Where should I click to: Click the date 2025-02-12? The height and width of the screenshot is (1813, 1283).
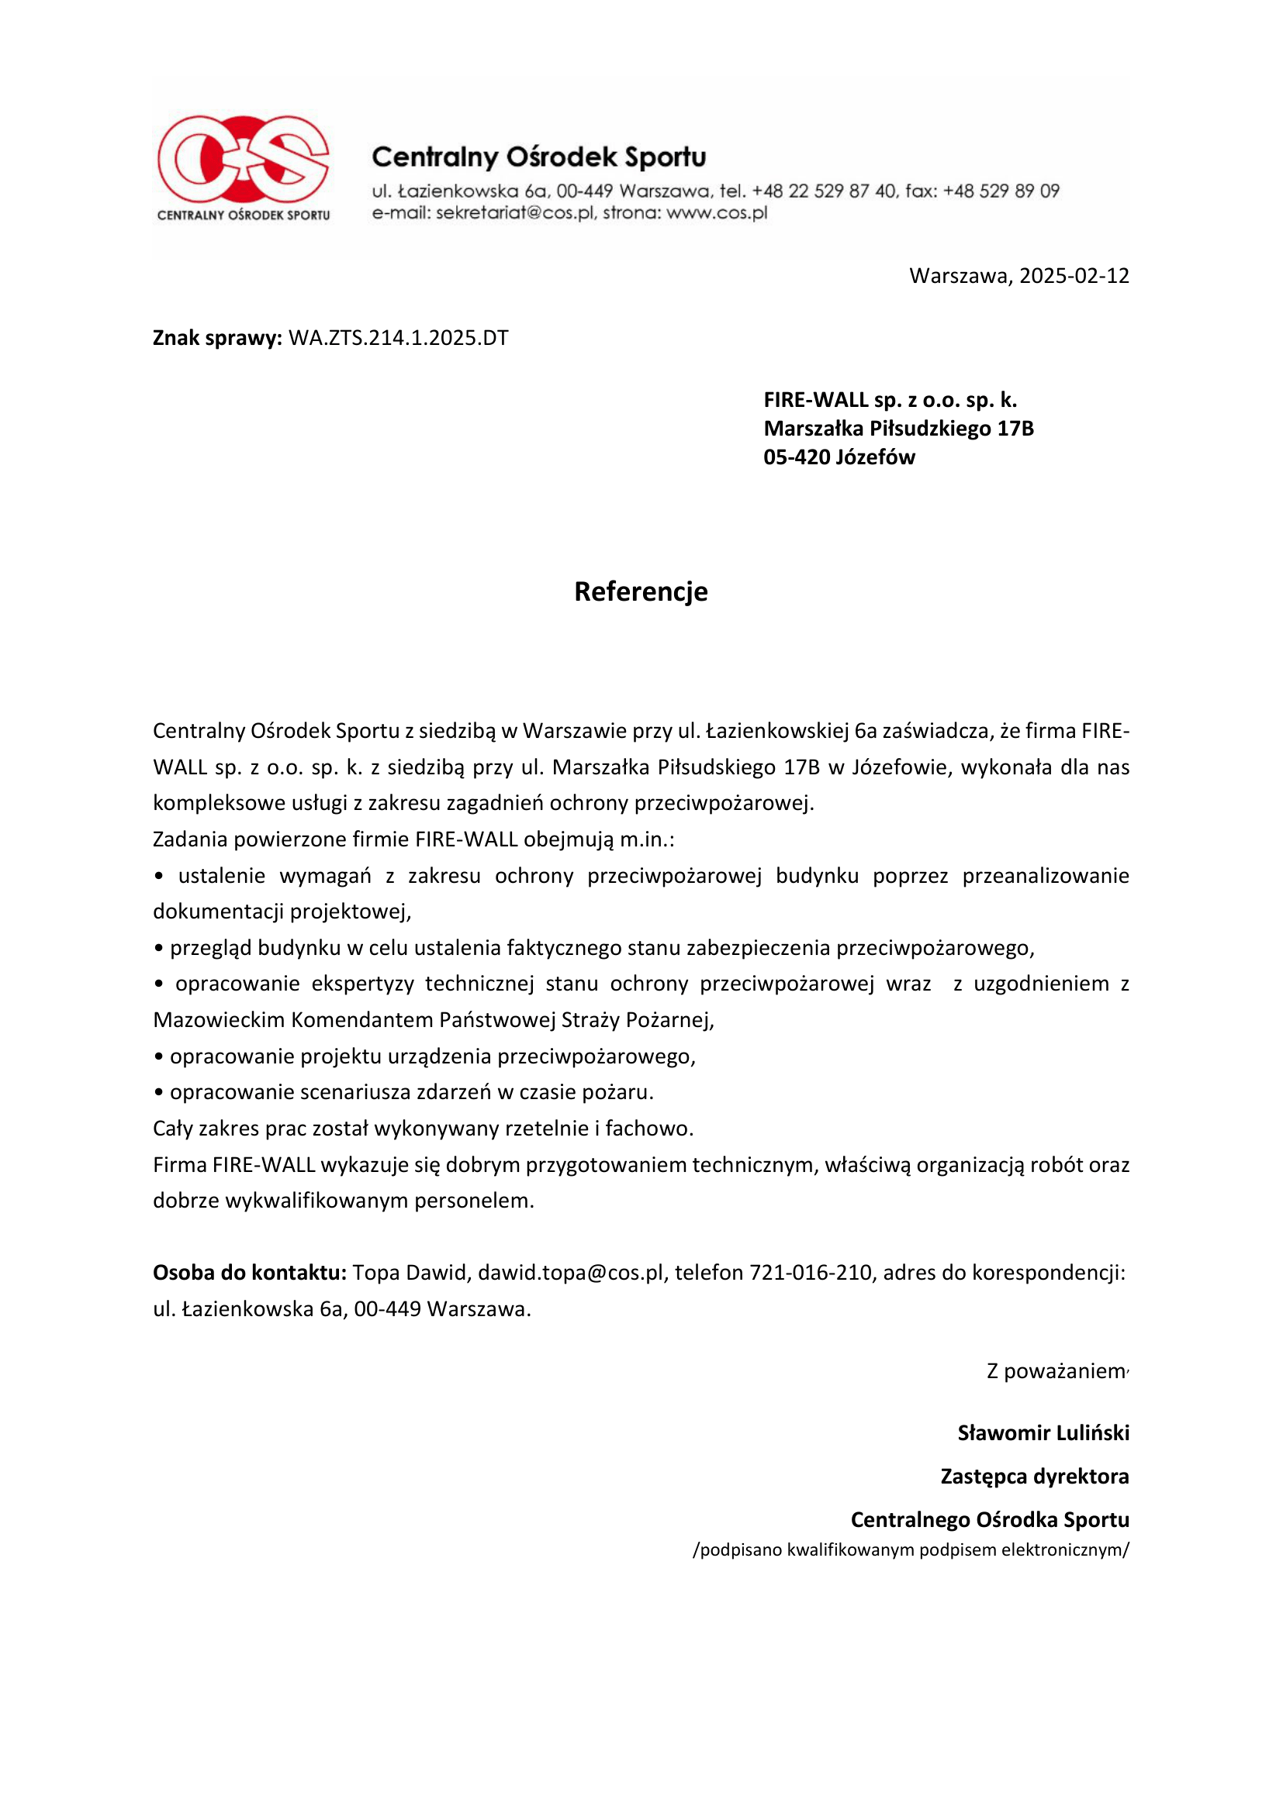(1074, 276)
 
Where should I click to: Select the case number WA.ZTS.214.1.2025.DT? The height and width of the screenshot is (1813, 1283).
(398, 338)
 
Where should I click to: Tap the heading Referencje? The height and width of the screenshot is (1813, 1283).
(641, 591)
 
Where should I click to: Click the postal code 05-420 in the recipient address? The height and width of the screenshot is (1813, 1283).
(797, 457)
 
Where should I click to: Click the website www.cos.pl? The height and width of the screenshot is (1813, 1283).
(717, 213)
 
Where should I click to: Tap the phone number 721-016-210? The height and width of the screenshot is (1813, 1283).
(811, 1273)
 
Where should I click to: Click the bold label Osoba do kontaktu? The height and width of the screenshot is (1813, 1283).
(250, 1273)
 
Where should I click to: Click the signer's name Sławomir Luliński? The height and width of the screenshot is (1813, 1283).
(1043, 1433)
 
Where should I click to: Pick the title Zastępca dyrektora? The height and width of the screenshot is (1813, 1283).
(1034, 1477)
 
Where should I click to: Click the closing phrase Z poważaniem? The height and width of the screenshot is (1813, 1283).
(1056, 1372)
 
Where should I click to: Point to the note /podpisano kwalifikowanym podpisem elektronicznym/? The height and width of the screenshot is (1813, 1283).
(911, 1550)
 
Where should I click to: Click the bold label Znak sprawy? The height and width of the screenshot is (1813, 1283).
(217, 338)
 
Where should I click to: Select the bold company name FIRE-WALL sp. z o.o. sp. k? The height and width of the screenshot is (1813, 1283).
(890, 400)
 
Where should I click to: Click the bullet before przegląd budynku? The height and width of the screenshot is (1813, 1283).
(159, 948)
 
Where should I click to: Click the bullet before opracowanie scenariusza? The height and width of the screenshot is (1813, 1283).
(159, 1093)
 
